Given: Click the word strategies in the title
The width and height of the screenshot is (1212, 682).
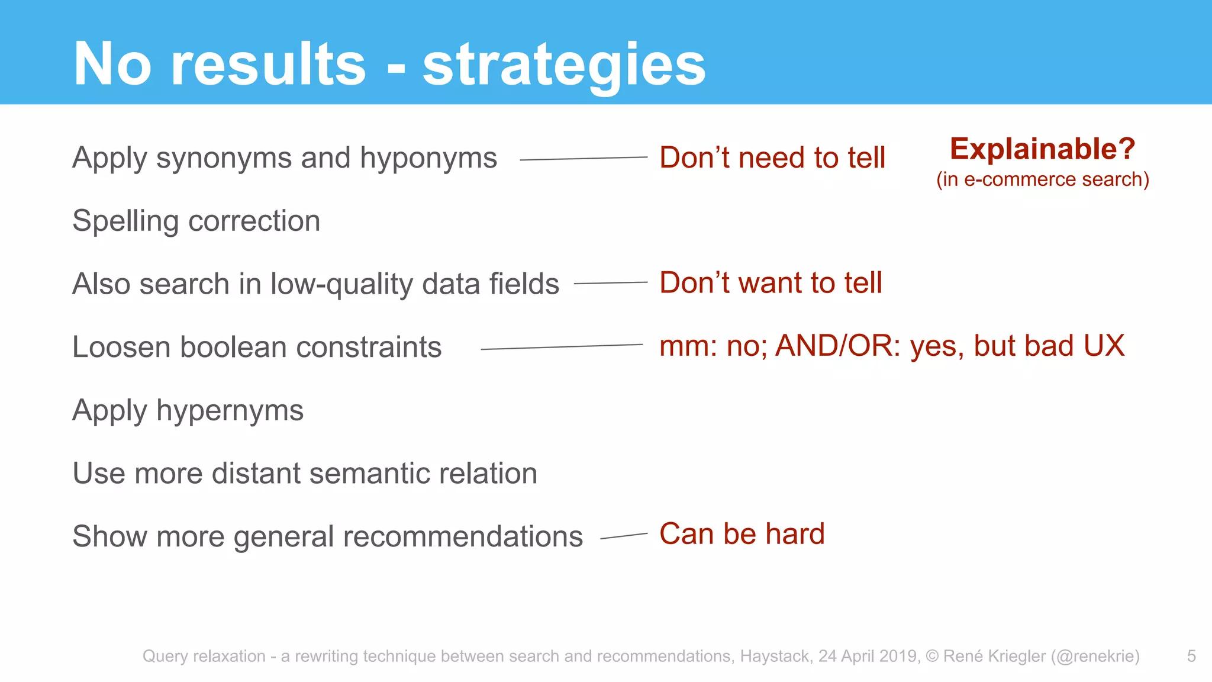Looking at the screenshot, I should coord(563,65).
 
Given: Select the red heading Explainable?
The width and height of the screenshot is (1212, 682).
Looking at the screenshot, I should coord(1042,149).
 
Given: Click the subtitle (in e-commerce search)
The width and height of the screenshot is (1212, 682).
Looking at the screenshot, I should coord(1042,179).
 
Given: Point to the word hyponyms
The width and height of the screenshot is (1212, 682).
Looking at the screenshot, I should coord(428,159).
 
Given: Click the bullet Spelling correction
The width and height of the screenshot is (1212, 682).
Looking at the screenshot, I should coord(196,221).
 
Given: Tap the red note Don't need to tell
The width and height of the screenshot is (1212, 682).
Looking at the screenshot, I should coord(772,158).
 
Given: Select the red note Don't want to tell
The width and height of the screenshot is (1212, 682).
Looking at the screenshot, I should coord(771,282).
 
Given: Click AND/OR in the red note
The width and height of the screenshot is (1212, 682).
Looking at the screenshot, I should coord(837,346).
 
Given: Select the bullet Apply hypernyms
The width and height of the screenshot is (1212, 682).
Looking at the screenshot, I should coord(188,410).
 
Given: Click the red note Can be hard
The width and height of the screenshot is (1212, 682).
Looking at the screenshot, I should coord(742,534).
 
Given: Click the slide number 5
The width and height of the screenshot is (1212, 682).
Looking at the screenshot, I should coord(1191,656).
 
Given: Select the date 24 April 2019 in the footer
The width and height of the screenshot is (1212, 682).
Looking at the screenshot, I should coord(869,656).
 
